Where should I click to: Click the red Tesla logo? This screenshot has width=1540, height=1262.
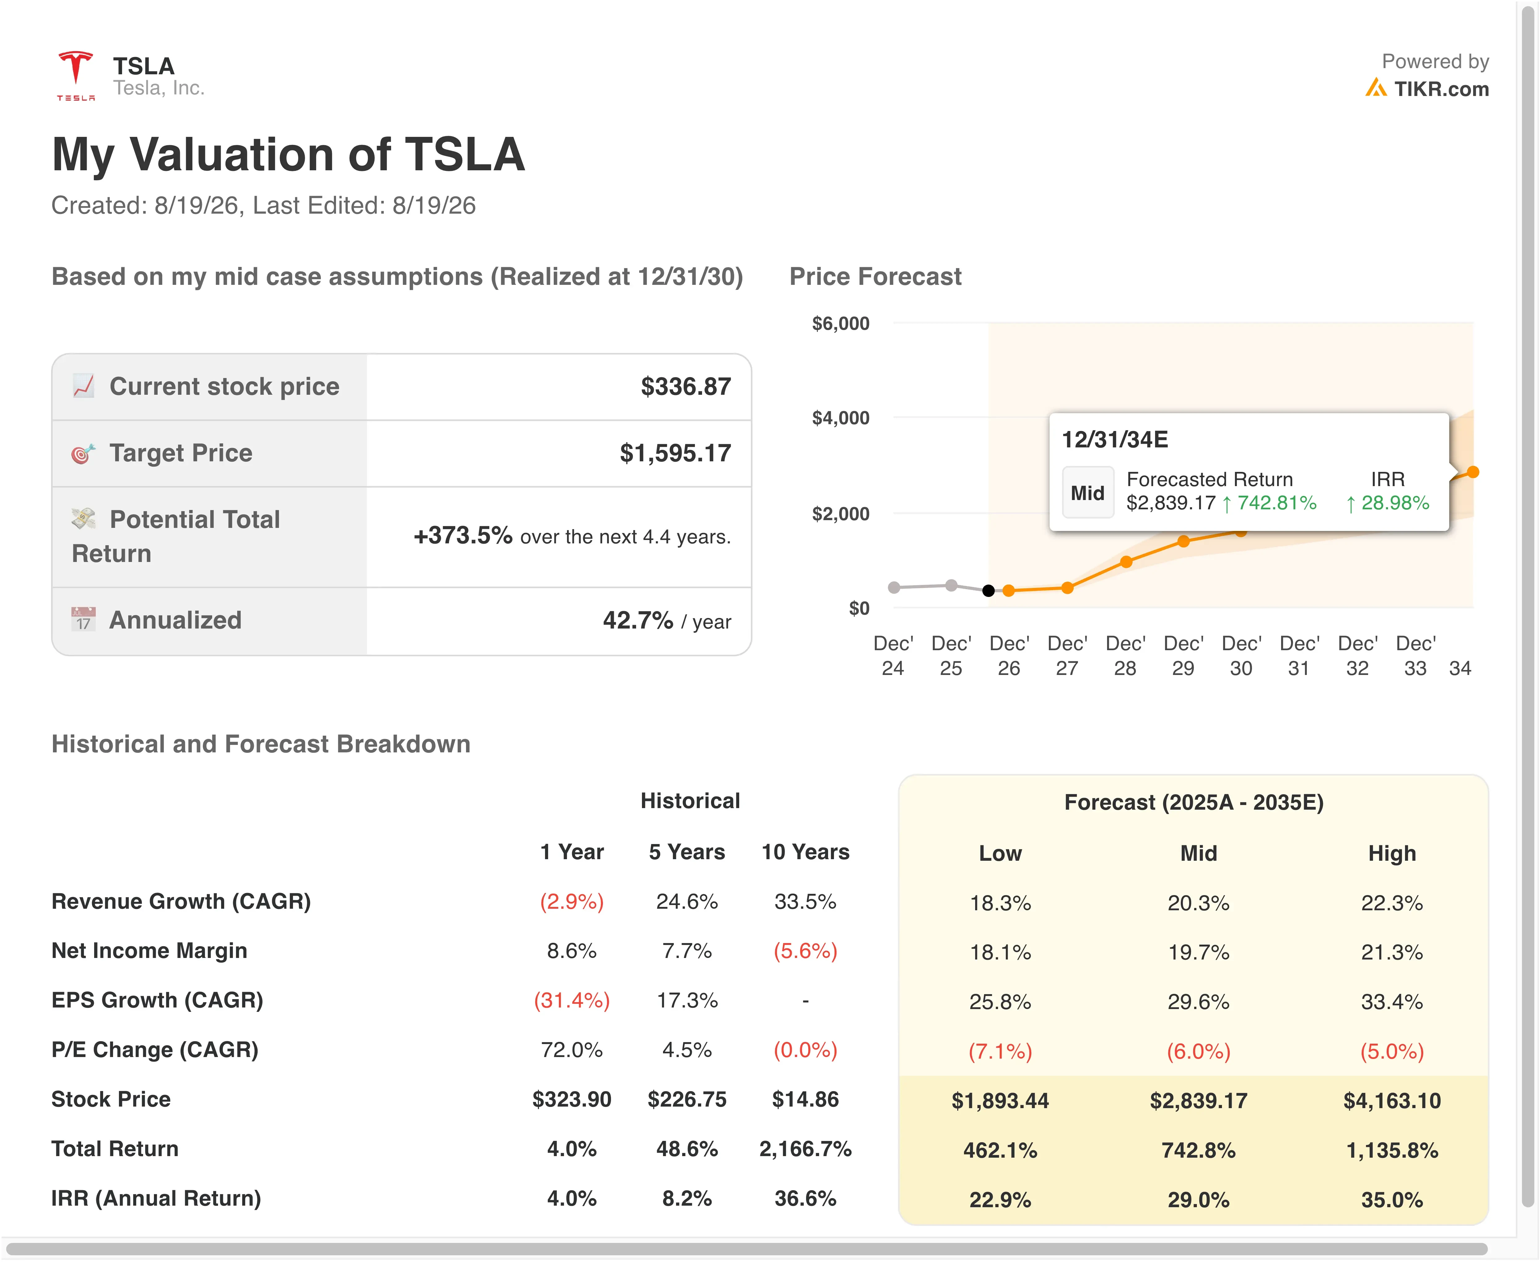76,75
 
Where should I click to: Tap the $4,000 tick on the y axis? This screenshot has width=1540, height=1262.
840,418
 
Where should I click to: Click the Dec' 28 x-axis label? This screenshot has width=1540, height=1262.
1125,656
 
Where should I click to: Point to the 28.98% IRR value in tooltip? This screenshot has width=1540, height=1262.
1394,503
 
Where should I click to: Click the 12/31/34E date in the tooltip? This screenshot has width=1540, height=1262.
1115,440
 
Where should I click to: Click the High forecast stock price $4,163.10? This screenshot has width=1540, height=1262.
1392,1101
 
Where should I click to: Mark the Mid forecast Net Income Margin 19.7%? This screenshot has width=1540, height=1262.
1198,952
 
